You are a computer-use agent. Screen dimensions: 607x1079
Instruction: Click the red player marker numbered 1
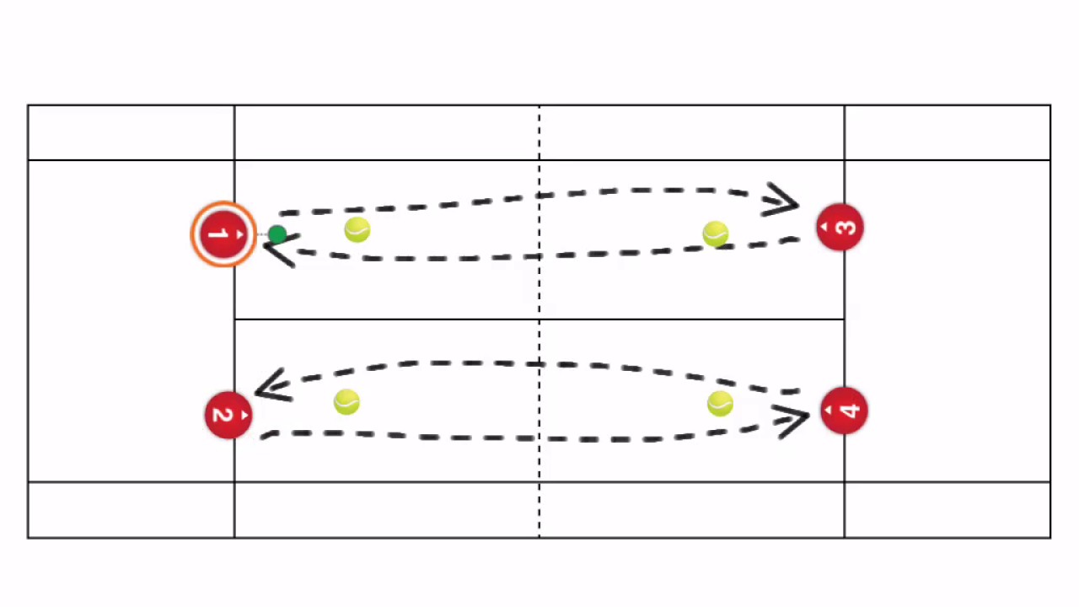223,234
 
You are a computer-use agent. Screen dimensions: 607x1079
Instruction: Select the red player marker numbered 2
228,415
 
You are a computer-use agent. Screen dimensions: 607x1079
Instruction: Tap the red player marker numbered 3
840,228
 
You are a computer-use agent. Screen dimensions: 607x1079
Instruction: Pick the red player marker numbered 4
844,411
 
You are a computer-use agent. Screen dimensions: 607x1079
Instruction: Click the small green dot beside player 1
276,234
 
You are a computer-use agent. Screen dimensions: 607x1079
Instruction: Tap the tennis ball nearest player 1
357,230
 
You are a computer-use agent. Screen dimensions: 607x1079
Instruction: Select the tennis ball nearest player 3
715,234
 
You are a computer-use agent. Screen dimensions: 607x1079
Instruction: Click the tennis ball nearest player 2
346,402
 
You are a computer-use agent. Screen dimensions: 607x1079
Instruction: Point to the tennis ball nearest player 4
719,404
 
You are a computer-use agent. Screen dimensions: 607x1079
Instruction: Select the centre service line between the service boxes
421,320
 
